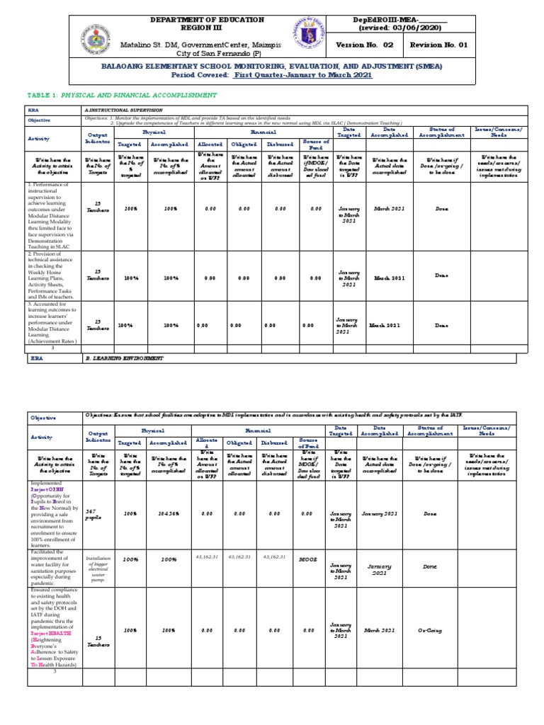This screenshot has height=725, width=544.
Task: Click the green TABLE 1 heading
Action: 120,94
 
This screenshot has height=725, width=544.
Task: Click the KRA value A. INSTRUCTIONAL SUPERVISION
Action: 123,110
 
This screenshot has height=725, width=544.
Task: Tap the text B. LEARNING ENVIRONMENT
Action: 124,358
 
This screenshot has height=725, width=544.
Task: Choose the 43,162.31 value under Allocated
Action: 209,556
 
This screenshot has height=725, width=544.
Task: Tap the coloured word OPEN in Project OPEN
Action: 53,488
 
